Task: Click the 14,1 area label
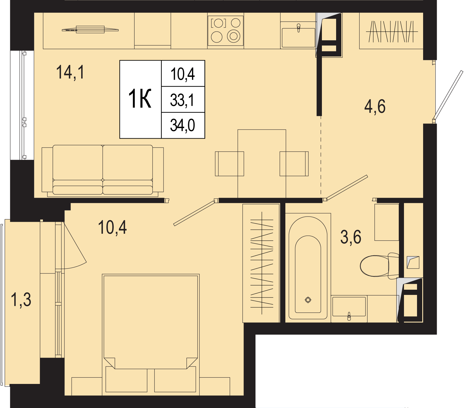click(x=70, y=72)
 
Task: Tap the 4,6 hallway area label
click(x=375, y=106)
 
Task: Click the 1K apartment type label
click(x=140, y=99)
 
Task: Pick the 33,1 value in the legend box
click(x=182, y=100)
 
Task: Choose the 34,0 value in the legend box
click(x=182, y=125)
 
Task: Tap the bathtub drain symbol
click(x=308, y=300)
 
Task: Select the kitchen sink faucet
click(x=298, y=28)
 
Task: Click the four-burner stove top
click(x=225, y=31)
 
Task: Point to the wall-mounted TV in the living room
click(x=90, y=29)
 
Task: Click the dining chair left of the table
click(x=229, y=164)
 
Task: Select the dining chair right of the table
click(x=294, y=164)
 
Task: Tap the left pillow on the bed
click(x=126, y=379)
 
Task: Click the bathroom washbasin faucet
click(x=349, y=316)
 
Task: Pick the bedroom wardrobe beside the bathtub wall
click(x=261, y=263)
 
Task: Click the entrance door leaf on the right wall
click(x=448, y=95)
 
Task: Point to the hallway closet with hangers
click(x=391, y=31)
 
